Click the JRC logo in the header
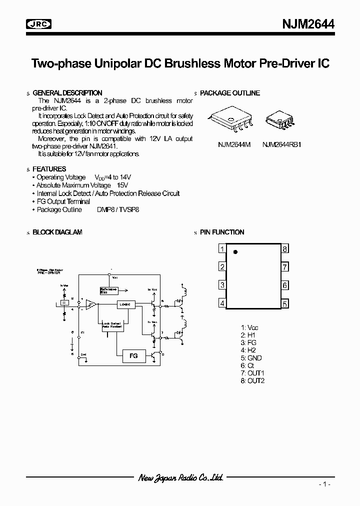39,23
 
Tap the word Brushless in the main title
193,64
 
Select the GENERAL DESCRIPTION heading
67,93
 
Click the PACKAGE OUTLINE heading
230,93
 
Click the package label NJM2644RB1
282,144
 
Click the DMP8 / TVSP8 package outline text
118,209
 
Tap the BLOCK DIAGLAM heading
57,232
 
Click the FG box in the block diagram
133,355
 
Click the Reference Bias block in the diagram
108,291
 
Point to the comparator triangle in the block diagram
91,303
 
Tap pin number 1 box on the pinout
222,249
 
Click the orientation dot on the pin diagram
236,252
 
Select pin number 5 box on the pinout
284,303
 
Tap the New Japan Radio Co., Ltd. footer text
180,477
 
